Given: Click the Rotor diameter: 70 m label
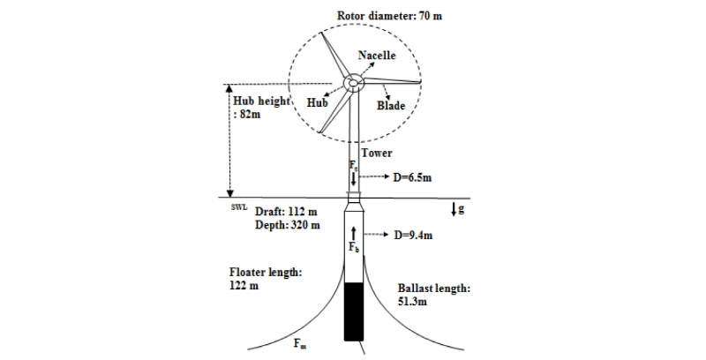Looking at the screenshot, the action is pyautogui.click(x=389, y=16).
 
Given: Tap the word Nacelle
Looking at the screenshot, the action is pyautogui.click(x=377, y=56).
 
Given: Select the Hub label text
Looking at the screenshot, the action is pyautogui.click(x=318, y=102).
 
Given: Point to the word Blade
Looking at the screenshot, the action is pyautogui.click(x=391, y=106).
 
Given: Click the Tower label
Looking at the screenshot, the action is pyautogui.click(x=377, y=153).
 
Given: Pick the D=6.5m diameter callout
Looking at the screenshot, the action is pyautogui.click(x=412, y=177).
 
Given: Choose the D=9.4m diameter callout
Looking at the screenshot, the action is pyautogui.click(x=413, y=235).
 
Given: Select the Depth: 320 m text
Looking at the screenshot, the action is pyautogui.click(x=288, y=224).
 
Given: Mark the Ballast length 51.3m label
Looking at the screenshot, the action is pyautogui.click(x=434, y=295).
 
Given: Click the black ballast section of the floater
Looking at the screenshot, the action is pyautogui.click(x=354, y=311).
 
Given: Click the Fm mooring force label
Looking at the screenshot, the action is pyautogui.click(x=300, y=344).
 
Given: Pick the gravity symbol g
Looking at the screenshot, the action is pyautogui.click(x=461, y=209).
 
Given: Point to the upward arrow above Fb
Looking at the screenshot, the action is pyautogui.click(x=354, y=233).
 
